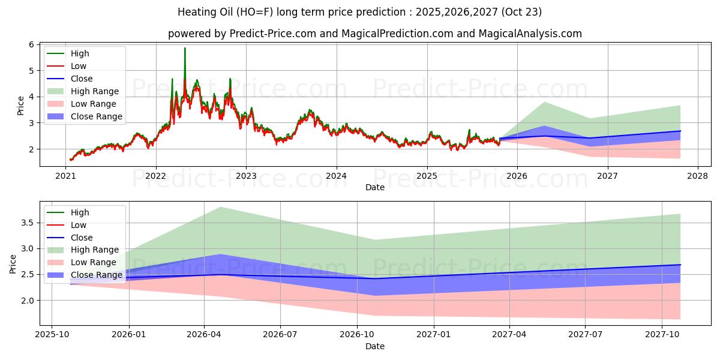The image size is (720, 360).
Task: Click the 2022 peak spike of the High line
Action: point(185,49)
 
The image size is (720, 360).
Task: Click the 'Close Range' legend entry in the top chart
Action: point(96,116)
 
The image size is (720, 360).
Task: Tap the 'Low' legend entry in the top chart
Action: point(79,66)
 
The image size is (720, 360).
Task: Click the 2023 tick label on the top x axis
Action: point(246,176)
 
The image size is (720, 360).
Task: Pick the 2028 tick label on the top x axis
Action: point(698,176)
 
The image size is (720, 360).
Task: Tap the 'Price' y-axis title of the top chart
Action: point(20,105)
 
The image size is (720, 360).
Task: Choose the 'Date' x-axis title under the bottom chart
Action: point(375,346)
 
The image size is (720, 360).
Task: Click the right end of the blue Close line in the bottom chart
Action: point(680,265)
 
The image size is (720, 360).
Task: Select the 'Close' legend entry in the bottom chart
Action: point(82,238)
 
